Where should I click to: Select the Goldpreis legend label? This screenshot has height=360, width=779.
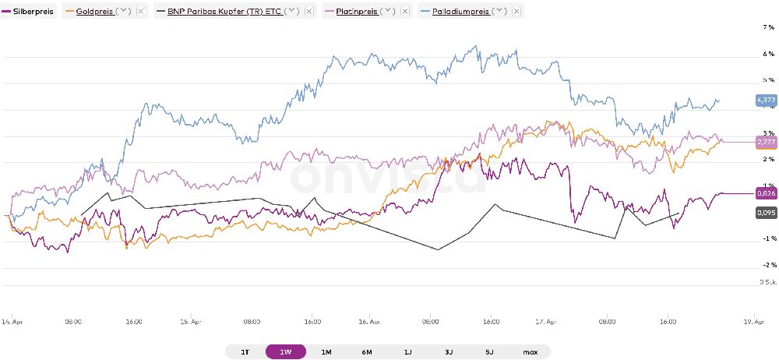[93, 12]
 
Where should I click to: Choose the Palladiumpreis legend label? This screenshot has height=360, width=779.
[460, 12]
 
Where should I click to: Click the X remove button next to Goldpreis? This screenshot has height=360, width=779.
[140, 12]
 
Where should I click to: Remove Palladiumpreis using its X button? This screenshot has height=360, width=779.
[515, 12]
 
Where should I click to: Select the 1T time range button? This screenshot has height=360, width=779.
[245, 352]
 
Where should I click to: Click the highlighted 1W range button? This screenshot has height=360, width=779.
[285, 352]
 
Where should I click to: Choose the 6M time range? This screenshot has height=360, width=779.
[367, 352]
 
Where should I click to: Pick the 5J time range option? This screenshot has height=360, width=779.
[489, 352]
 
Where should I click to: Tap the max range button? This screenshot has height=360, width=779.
[530, 352]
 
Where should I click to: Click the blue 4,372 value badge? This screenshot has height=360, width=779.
[766, 100]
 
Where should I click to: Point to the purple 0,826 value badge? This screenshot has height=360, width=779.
[766, 192]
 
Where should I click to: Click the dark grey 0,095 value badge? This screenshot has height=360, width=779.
[766, 212]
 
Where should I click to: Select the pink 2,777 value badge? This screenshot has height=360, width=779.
[766, 142]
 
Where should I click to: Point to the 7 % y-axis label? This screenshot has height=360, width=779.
[767, 26]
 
